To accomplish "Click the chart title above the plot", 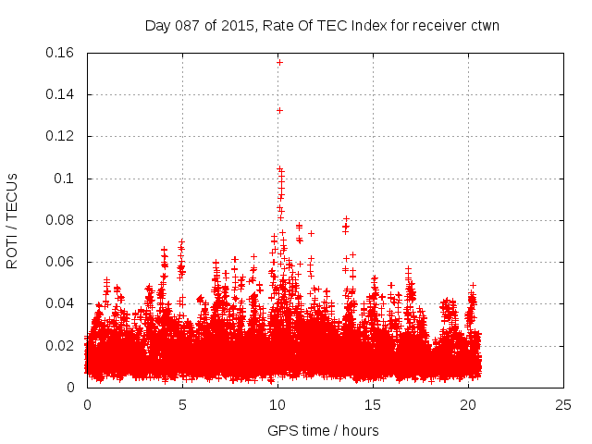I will [x=322, y=25].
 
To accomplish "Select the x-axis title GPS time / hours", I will [x=323, y=430].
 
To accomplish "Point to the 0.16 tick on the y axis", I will [x=61, y=53].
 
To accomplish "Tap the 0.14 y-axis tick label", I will [x=61, y=94].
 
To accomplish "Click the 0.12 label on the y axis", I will [x=61, y=136].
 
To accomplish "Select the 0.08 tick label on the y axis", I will [x=61, y=220].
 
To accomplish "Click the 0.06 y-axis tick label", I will [x=61, y=262].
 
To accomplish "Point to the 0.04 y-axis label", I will [x=61, y=303].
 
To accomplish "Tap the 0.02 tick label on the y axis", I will [x=61, y=346].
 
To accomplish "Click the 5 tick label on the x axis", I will [x=182, y=404].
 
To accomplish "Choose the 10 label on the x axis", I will [x=277, y=404].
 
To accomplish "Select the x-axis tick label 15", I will [x=373, y=404].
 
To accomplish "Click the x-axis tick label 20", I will [x=468, y=404].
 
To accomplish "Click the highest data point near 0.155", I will [x=279, y=62].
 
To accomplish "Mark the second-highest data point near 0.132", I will [x=279, y=110].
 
